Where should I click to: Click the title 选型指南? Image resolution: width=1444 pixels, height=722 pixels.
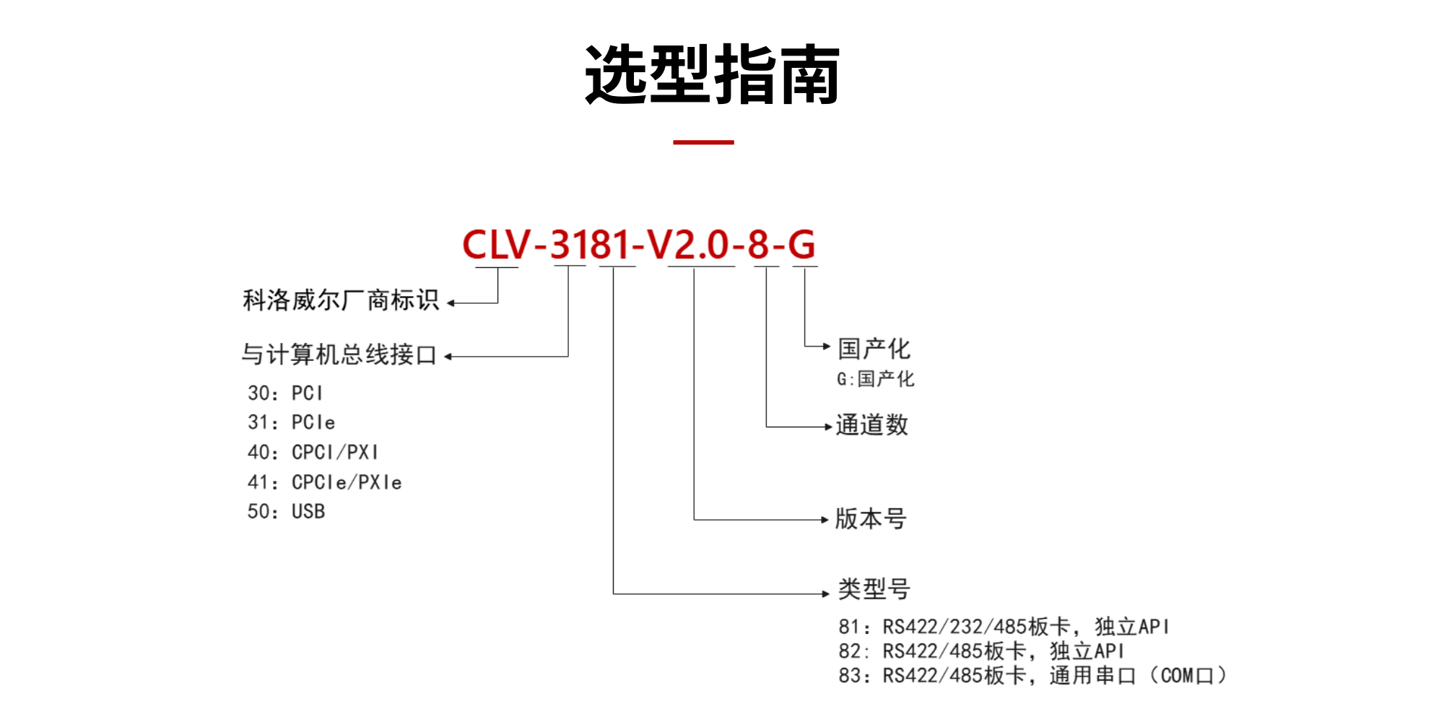(x=712, y=74)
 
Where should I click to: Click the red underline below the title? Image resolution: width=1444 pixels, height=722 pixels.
(x=703, y=142)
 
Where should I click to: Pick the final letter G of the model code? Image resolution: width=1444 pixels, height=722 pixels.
(x=801, y=245)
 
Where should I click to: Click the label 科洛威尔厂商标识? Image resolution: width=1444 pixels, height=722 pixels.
(x=341, y=300)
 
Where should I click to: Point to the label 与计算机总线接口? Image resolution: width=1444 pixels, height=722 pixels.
(x=339, y=355)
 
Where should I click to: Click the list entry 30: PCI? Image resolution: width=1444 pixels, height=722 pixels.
(x=285, y=393)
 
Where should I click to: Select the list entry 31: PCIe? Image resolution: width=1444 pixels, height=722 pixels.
(x=291, y=422)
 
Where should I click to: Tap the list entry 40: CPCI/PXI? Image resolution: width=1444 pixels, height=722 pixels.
(x=313, y=453)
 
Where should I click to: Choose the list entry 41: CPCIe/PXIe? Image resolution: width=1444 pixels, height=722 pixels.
(x=324, y=482)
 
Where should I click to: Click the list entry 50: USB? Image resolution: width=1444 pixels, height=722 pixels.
(x=286, y=512)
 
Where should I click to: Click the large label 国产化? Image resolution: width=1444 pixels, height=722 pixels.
(x=874, y=349)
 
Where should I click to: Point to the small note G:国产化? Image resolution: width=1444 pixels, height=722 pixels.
(x=875, y=379)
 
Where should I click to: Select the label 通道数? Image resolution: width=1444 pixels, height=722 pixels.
(x=871, y=425)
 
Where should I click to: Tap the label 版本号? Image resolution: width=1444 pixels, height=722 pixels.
(x=871, y=518)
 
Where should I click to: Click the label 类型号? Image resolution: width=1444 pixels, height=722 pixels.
(x=874, y=589)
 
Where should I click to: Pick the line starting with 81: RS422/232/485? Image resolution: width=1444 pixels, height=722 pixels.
(x=1004, y=627)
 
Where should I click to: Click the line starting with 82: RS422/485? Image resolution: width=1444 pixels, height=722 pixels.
(x=981, y=651)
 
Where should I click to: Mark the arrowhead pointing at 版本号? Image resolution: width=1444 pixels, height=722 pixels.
(x=825, y=519)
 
